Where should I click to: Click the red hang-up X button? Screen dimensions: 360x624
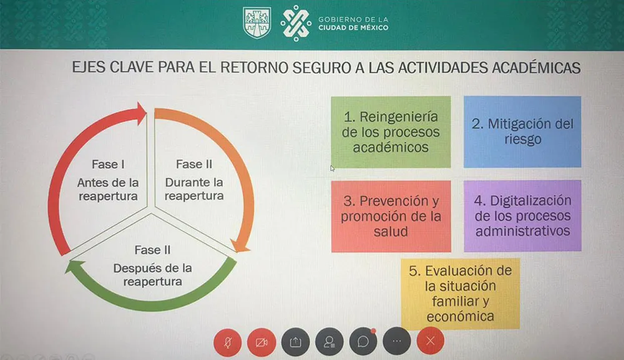430,341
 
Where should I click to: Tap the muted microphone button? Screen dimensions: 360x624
228,342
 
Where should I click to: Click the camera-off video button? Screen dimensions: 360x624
261,342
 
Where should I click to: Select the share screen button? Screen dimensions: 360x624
296,342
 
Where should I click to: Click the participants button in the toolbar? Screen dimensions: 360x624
329,342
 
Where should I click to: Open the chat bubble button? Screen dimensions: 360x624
363,342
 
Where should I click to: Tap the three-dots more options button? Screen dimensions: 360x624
397,342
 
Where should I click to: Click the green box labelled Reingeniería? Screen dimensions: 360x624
391,132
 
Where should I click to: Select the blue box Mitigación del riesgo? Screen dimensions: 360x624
522,132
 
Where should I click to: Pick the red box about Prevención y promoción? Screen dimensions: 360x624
391,216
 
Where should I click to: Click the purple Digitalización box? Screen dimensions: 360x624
522,216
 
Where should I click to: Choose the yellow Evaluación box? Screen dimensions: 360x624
460,293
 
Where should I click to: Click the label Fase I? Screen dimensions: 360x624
108,164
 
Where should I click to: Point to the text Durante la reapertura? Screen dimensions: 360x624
194,189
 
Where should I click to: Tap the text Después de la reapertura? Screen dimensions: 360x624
152,275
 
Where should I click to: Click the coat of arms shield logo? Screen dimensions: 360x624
256,22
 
